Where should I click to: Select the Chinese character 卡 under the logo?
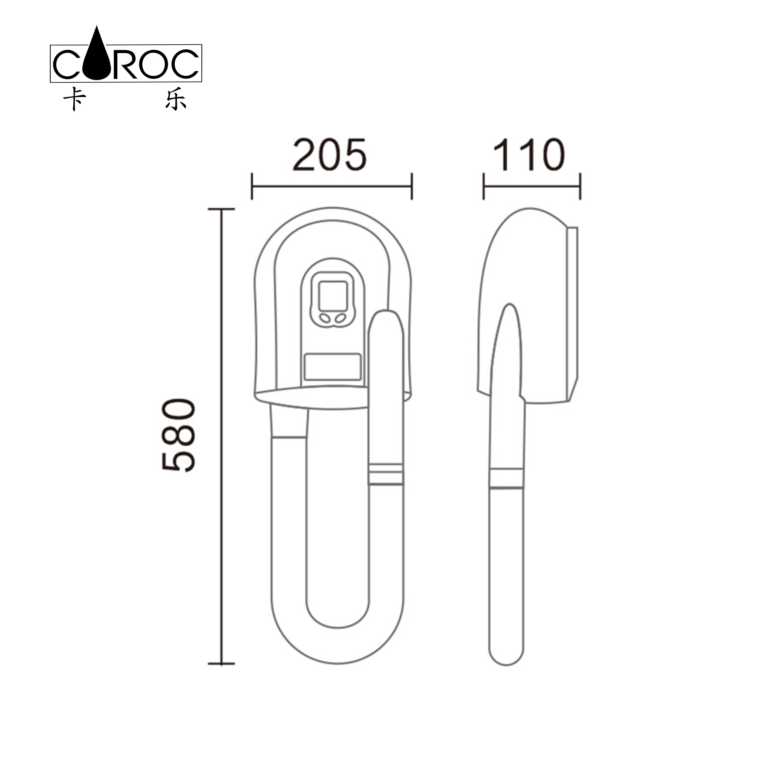[74, 99]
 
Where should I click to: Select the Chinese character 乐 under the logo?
[176, 99]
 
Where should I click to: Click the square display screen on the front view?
[333, 296]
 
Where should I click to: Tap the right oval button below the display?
[340, 318]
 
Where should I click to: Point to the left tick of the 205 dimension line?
[252, 186]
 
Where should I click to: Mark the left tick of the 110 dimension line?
[484, 186]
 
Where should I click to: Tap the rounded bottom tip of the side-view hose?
[506, 659]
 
